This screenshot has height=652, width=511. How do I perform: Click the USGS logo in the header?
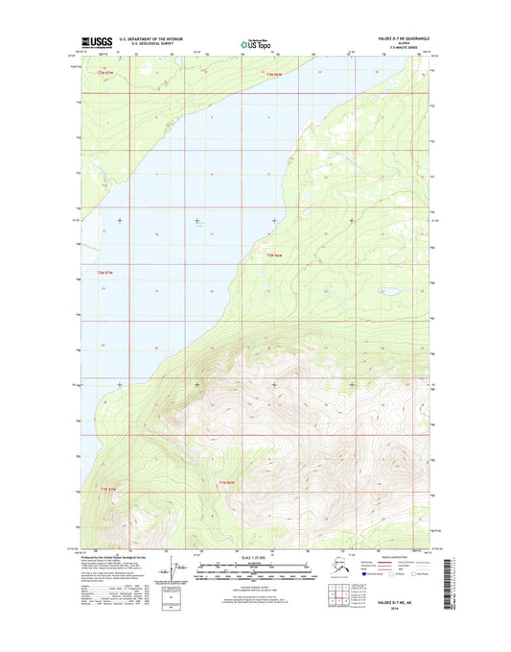click(x=96, y=42)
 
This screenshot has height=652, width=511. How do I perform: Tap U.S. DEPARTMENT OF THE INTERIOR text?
click(x=139, y=37)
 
